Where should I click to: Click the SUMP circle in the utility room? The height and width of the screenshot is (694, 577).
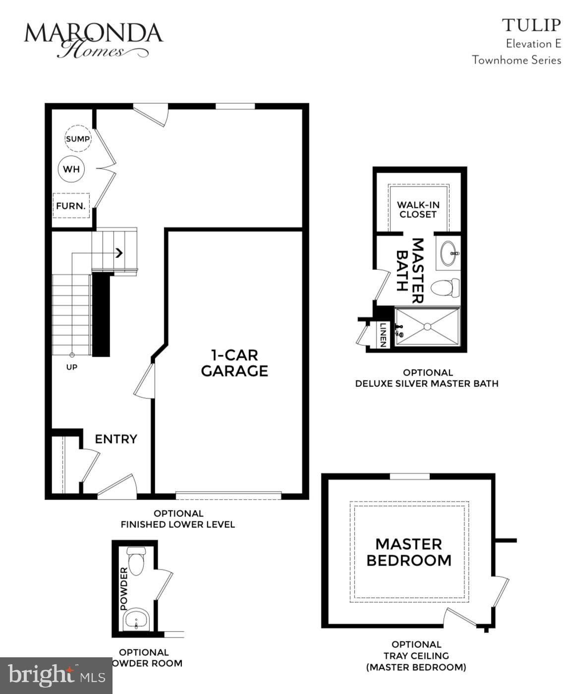point(78,139)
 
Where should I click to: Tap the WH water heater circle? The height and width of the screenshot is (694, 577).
point(71,169)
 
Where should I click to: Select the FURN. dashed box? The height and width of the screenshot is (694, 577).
point(71,205)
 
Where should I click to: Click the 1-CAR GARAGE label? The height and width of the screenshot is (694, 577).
point(234,363)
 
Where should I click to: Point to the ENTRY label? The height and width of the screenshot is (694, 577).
point(115,439)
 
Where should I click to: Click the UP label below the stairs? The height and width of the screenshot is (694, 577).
point(72,367)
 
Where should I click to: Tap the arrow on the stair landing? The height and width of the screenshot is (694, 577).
point(119,253)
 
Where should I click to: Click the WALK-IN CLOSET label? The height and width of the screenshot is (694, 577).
point(418,210)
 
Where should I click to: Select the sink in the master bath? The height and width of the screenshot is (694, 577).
point(450,253)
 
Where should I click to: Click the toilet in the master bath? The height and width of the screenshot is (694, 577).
point(445,288)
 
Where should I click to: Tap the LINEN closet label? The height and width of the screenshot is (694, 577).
point(383,335)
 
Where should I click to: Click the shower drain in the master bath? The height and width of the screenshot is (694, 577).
point(426,326)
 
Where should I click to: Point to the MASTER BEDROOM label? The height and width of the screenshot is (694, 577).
point(408,552)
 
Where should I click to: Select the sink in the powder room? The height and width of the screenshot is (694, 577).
point(136,619)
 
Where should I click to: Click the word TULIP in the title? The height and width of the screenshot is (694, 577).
point(531,25)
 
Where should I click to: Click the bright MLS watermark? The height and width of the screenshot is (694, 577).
point(56,676)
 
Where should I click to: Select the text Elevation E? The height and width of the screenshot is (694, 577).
point(533,44)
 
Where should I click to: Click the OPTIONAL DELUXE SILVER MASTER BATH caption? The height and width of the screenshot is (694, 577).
point(427,378)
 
